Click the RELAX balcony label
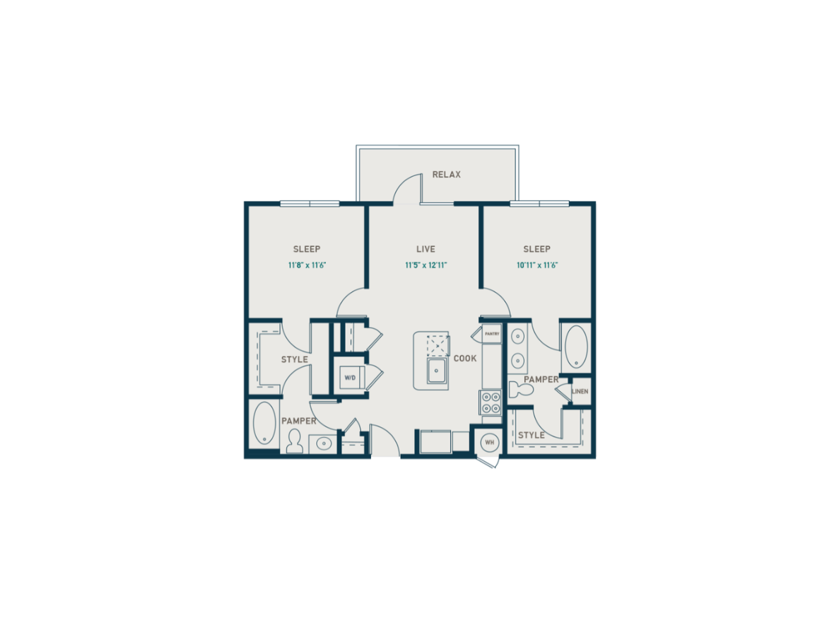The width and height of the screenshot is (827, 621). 446,175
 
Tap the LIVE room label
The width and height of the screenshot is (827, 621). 426,249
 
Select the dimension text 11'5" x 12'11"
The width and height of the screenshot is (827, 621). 426,265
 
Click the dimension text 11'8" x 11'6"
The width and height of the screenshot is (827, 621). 307,265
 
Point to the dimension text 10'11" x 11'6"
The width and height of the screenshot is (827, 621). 537,265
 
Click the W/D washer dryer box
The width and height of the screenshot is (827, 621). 350,377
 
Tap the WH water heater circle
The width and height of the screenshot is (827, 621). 489,442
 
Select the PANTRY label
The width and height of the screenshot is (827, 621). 491,334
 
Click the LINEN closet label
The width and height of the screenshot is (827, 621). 580,392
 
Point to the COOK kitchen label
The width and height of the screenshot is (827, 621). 464,359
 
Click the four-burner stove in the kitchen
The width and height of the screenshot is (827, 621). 491,402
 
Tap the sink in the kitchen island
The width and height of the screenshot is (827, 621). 438,371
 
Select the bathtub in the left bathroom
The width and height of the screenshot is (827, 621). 264,424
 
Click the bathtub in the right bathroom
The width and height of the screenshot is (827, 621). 575,346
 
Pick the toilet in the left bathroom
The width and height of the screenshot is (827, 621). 295,441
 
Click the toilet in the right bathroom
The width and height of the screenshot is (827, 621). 521,390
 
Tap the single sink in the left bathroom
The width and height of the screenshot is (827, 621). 322,443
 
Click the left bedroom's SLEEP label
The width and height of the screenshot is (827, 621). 307,249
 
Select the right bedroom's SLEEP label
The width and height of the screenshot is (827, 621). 537,249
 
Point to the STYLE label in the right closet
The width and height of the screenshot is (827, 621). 531,435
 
